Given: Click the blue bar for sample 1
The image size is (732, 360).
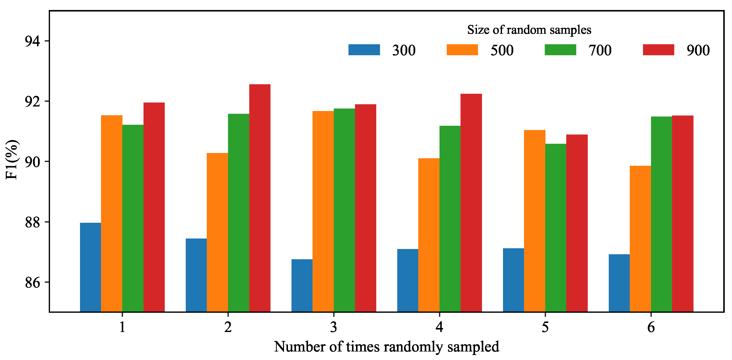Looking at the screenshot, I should coord(90,267).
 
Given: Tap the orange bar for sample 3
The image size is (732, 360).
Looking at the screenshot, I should coord(323,211).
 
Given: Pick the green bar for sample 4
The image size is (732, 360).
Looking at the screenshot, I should coord(450,219).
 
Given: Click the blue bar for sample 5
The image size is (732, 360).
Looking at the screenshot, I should coord(513,280).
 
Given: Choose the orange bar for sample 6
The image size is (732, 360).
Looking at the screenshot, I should coord(640,239).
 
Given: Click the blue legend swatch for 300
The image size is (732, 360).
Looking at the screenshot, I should coord(364,50).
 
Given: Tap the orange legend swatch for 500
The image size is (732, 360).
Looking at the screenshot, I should coord(462,50).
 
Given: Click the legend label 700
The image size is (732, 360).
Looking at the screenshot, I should coord(600,50).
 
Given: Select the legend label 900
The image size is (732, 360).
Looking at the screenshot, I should coord(698,50).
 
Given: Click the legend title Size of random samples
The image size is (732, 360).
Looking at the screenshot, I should coord(529,30).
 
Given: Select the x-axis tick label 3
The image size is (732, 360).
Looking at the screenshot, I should coord(333,327).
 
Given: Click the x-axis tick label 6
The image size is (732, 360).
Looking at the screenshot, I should coord(651,327).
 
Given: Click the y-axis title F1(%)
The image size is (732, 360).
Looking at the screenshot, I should coord(12,160).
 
